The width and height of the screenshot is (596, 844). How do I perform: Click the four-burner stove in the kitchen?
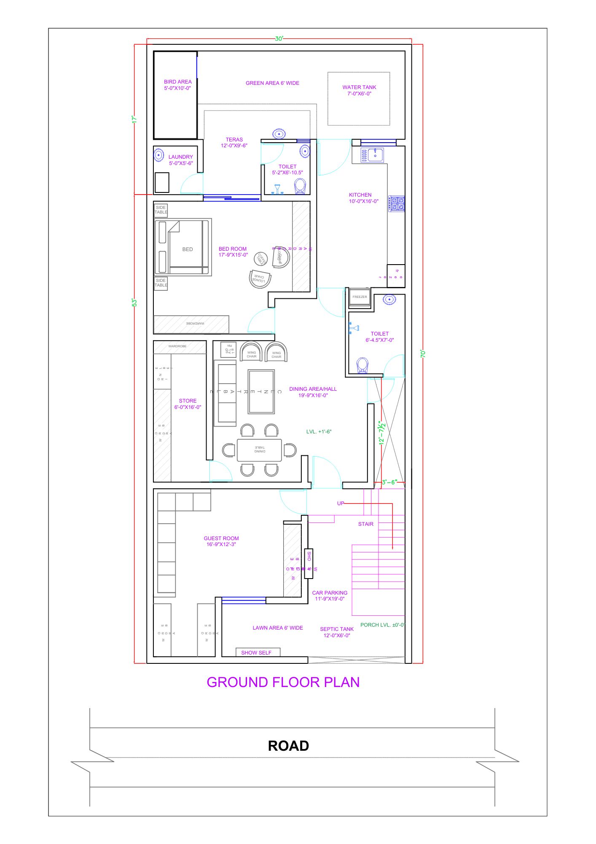click(x=397, y=204)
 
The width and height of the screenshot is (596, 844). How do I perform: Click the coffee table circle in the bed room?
click(x=260, y=259)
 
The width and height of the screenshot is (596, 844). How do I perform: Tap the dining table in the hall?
click(x=259, y=450)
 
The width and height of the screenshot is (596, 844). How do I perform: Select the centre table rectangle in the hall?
click(x=261, y=392)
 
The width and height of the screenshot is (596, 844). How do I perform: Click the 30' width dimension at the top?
click(x=279, y=39)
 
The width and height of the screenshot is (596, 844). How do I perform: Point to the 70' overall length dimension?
click(x=423, y=354)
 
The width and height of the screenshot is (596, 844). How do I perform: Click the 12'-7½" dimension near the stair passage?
click(x=382, y=433)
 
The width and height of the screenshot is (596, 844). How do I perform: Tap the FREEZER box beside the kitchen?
click(x=360, y=297)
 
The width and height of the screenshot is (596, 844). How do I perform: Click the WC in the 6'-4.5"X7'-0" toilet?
click(x=362, y=365)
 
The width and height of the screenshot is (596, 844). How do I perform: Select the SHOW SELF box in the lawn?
click(x=257, y=652)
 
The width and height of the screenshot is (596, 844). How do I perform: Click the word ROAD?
click(x=288, y=746)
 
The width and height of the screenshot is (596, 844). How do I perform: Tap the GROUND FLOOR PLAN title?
click(x=283, y=682)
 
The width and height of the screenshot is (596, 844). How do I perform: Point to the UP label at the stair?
click(x=341, y=503)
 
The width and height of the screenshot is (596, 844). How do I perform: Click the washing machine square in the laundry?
click(x=162, y=182)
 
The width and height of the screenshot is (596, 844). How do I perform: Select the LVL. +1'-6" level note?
click(x=319, y=432)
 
